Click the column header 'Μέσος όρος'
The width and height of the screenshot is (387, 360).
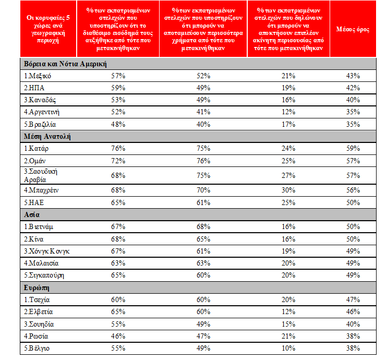(353, 29)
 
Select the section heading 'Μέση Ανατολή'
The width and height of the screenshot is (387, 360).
(47, 137)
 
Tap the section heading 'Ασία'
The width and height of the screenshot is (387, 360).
(32, 214)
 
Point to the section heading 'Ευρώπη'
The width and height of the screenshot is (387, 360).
(37, 288)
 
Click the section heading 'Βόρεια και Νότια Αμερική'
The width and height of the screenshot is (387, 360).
(65, 64)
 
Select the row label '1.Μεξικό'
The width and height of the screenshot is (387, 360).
(37, 76)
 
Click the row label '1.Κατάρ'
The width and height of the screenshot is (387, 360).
(36, 148)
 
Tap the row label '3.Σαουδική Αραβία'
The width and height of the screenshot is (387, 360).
(41, 175)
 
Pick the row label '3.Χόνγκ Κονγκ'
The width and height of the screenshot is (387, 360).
(46, 251)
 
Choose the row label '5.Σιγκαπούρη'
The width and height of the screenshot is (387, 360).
(44, 275)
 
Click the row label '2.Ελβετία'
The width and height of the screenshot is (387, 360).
(38, 312)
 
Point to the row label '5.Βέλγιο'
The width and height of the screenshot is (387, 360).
(37, 349)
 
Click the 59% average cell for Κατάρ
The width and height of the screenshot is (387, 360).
(353, 148)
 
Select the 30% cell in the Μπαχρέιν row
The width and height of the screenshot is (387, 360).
(288, 190)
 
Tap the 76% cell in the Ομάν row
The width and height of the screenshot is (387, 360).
(203, 161)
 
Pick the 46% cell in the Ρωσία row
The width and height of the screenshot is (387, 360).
(118, 336)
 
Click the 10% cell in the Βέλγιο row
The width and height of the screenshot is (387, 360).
(288, 348)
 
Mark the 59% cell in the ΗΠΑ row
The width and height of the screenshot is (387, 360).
(118, 88)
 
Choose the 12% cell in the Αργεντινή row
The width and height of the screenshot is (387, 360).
(288, 112)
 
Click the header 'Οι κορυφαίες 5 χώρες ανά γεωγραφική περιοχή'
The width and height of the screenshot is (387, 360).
(48, 29)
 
